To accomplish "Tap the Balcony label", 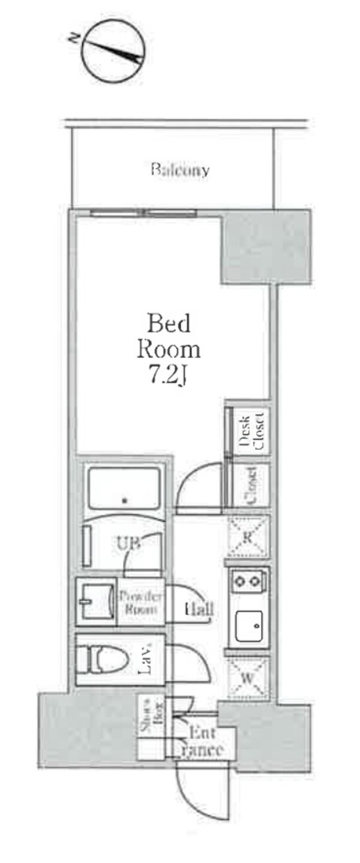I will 179,170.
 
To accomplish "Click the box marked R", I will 247,536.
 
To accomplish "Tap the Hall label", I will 199,609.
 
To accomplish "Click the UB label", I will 129,543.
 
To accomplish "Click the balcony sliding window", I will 145,213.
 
